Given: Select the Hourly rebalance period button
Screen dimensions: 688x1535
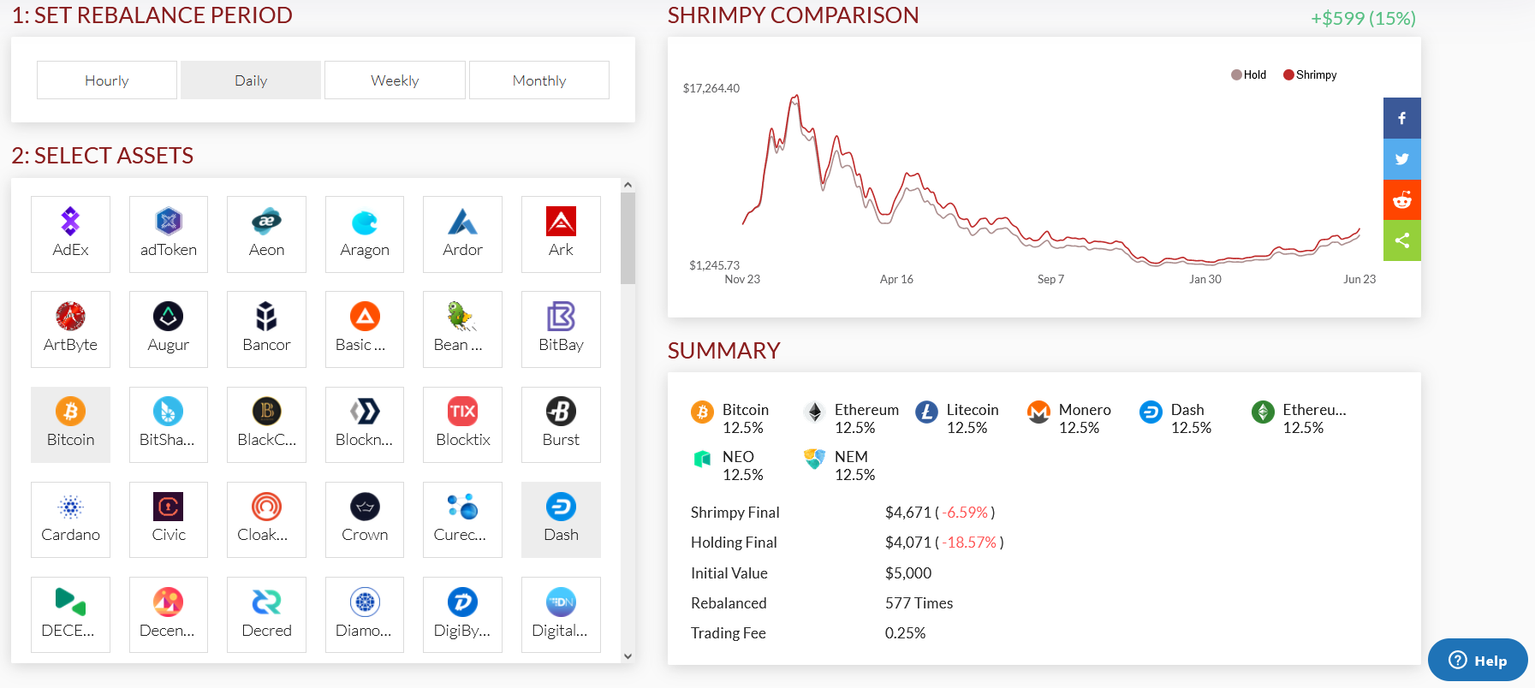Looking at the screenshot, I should click(107, 80).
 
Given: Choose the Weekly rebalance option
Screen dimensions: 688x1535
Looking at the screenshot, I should click(395, 80).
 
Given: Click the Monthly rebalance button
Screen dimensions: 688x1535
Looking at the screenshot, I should click(539, 80).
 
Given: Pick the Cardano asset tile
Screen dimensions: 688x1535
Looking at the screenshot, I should click(70, 519).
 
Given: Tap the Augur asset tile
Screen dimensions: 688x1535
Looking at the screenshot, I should click(168, 329).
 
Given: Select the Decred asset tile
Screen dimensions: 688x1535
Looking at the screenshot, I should click(266, 614).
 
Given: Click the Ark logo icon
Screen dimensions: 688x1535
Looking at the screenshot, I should click(561, 222).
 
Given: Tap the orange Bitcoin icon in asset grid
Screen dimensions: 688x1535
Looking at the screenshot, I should click(70, 412).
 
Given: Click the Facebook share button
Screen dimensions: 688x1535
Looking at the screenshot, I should click(1401, 118).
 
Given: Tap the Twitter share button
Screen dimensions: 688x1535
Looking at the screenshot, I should click(1401, 159).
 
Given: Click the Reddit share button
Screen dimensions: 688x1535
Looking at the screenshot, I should click(1401, 200).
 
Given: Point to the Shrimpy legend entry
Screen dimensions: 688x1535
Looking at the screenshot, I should click(1311, 75).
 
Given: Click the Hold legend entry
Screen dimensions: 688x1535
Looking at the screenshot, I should click(1249, 75).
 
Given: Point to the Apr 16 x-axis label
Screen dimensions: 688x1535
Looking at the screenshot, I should click(896, 279).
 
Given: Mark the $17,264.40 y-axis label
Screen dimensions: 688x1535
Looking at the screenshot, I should click(711, 88).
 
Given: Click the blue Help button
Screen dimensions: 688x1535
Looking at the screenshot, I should click(1478, 660).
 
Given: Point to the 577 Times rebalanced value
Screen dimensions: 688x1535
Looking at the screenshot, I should click(919, 603).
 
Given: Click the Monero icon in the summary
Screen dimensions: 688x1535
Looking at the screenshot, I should click(1038, 412).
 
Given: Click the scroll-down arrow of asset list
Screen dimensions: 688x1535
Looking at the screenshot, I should click(628, 656).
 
